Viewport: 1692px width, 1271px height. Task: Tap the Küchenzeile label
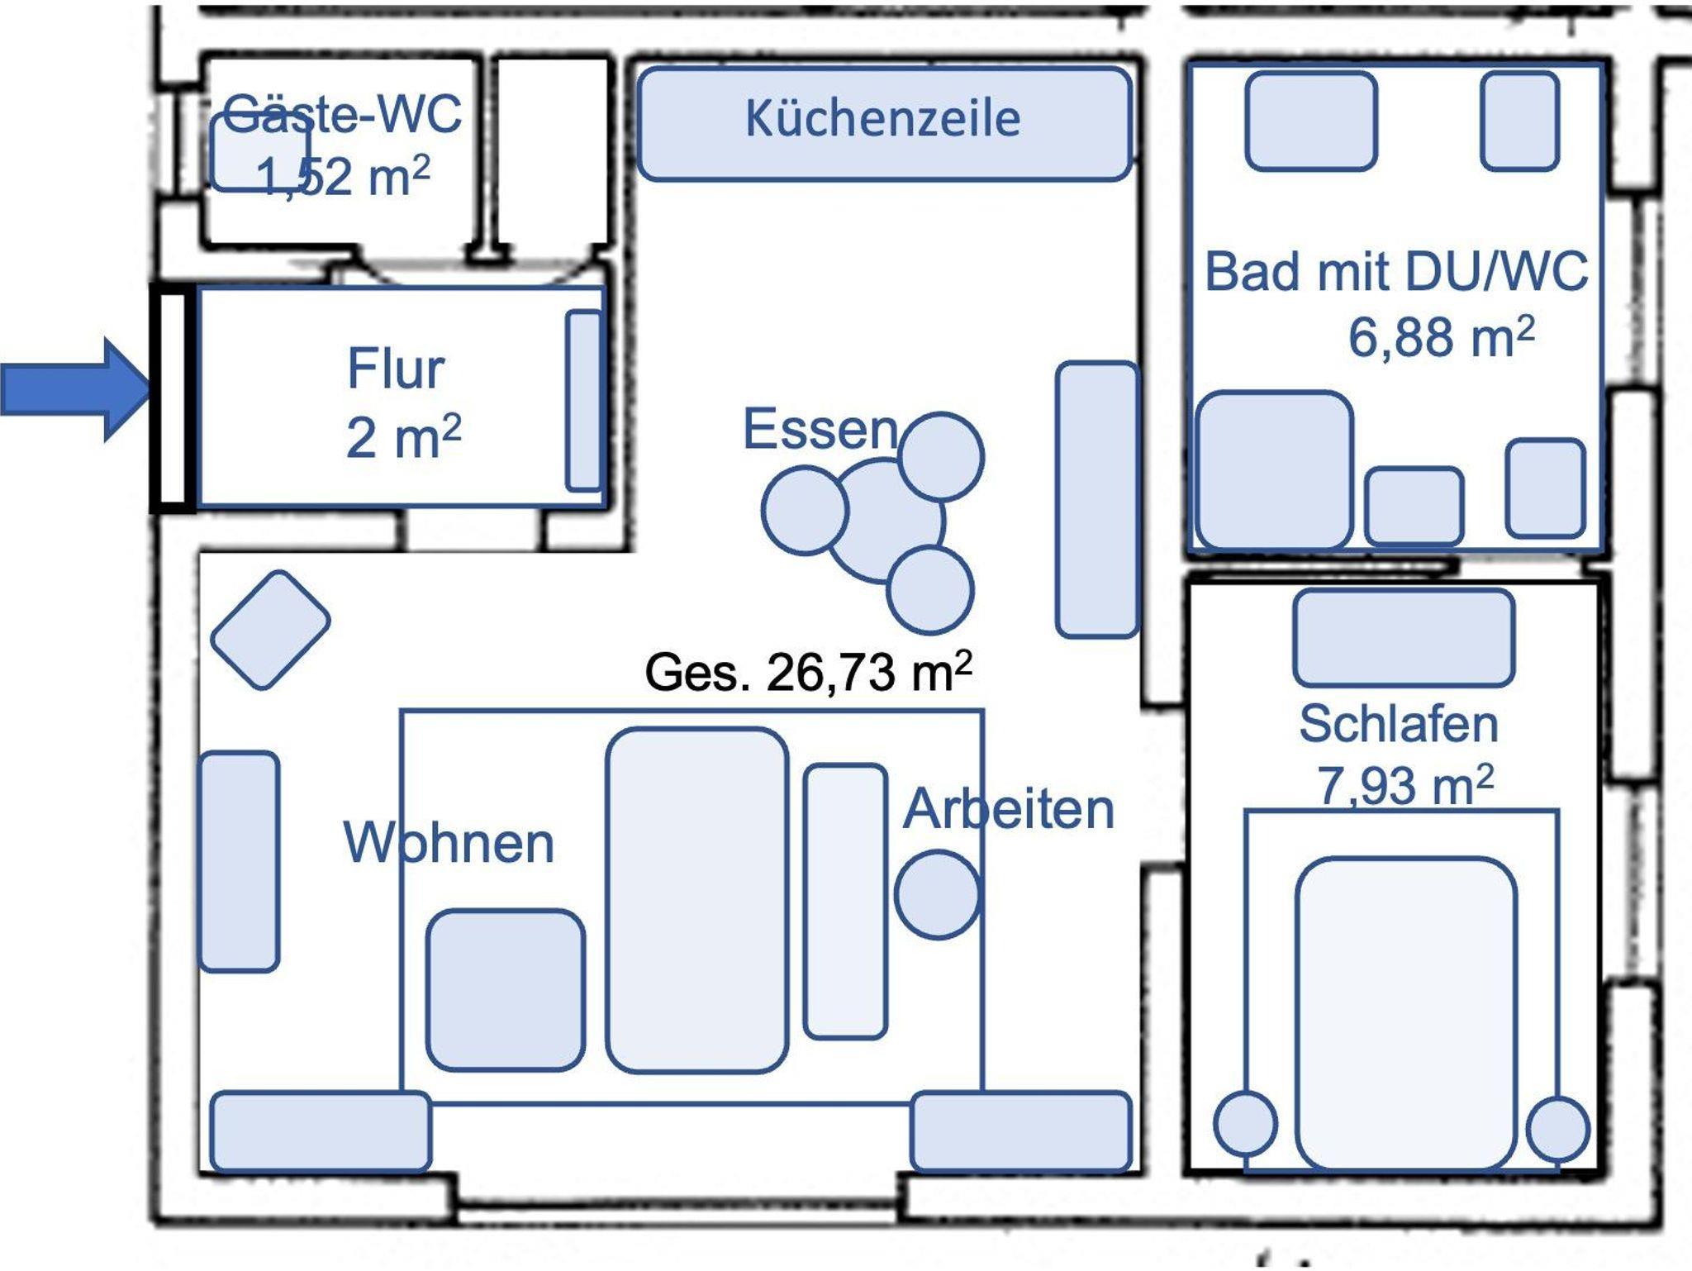(882, 119)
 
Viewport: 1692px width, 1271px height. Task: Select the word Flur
(396, 369)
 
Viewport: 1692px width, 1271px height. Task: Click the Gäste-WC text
(343, 113)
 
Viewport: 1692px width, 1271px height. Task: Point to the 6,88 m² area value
(1441, 336)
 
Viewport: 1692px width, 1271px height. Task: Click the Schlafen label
(1398, 724)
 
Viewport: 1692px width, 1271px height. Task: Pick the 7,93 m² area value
(1404, 784)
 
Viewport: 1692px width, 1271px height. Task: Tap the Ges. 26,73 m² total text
(807, 672)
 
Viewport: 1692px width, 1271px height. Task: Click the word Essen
(820, 429)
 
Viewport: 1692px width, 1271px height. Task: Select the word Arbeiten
(1009, 809)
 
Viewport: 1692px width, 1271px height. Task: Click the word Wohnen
(449, 843)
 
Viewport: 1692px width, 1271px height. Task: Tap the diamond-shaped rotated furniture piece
(270, 630)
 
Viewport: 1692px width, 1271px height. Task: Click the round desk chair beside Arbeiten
(937, 894)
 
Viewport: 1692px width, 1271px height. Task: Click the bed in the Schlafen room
(1405, 1012)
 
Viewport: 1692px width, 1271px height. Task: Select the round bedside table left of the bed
(1245, 1123)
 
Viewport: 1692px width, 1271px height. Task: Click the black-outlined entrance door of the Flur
(173, 397)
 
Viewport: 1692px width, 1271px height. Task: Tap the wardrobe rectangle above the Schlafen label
(1404, 637)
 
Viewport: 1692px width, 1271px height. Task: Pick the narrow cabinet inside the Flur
(584, 400)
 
